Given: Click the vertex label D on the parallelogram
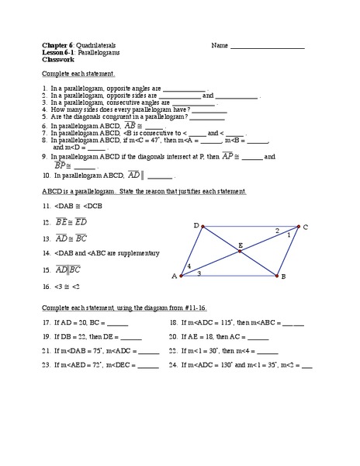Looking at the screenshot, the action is [x=196, y=224].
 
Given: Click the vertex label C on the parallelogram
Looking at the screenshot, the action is [x=306, y=227].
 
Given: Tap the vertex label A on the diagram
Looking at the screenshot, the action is [x=174, y=276].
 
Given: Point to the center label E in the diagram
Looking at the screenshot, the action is [x=241, y=245].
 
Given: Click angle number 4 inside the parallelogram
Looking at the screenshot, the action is [x=188, y=266].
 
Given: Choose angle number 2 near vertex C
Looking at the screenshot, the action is [x=277, y=230].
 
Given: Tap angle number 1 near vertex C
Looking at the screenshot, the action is [x=289, y=234].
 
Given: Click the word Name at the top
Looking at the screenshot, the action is [x=220, y=46].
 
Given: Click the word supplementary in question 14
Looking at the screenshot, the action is [x=137, y=252].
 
